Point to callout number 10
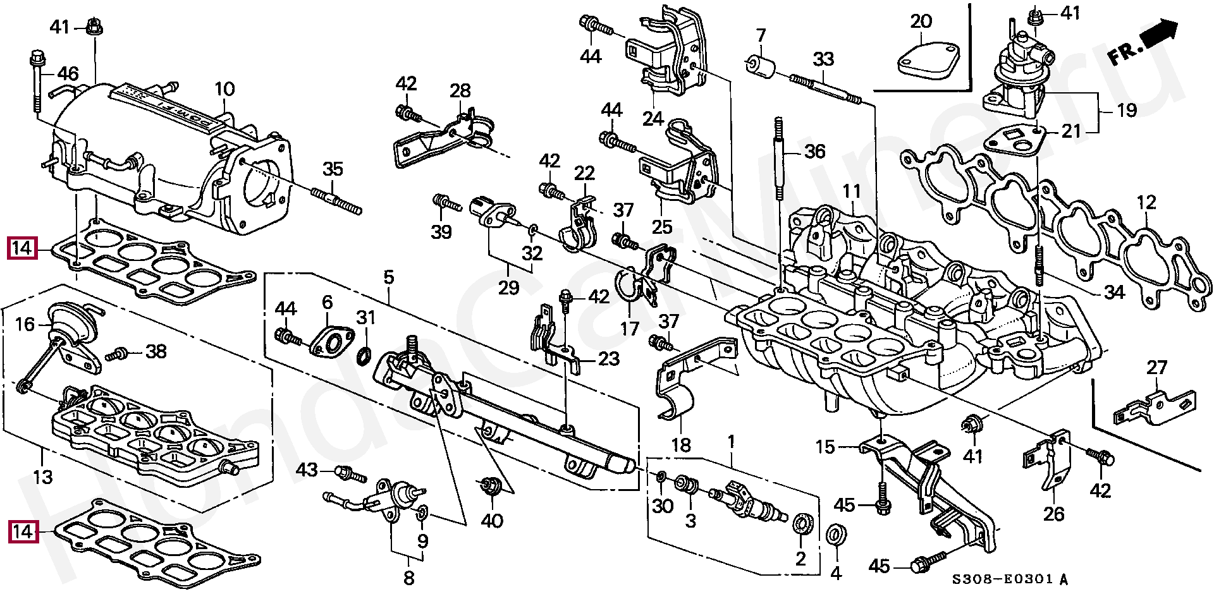click(x=224, y=90)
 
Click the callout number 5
click(x=388, y=277)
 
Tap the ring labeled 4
click(x=837, y=533)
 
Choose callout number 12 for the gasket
click(x=1146, y=202)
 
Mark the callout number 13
click(x=43, y=476)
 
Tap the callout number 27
click(x=1156, y=367)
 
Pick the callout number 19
click(x=1127, y=110)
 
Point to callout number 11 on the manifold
click(x=852, y=190)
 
